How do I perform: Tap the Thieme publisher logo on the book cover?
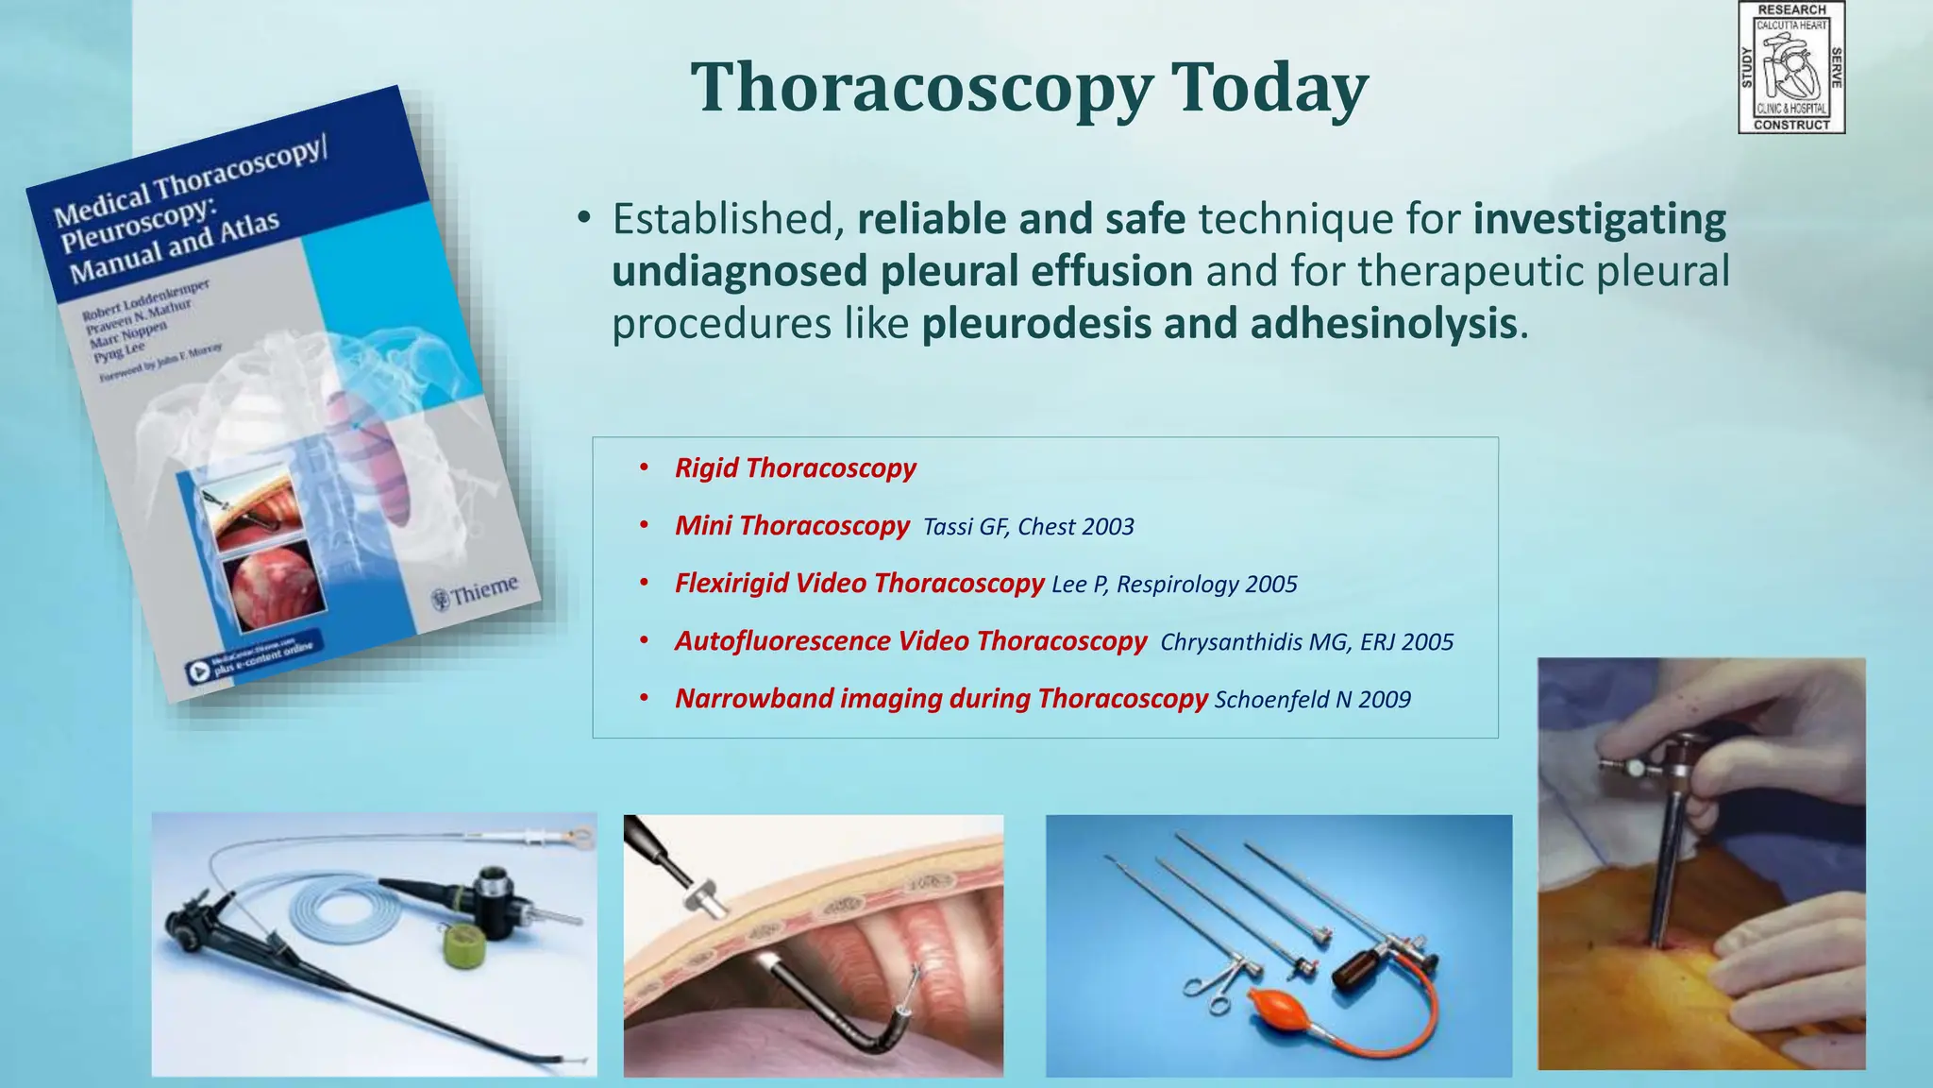click(x=475, y=593)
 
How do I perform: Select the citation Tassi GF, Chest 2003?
click(x=1028, y=527)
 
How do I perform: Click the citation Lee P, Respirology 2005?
click(x=1174, y=585)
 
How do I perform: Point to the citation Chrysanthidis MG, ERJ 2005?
click(x=1306, y=642)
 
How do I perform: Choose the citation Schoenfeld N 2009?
click(x=1312, y=700)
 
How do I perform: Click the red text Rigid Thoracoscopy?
click(x=795, y=468)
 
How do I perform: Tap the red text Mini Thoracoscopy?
click(x=791, y=526)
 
